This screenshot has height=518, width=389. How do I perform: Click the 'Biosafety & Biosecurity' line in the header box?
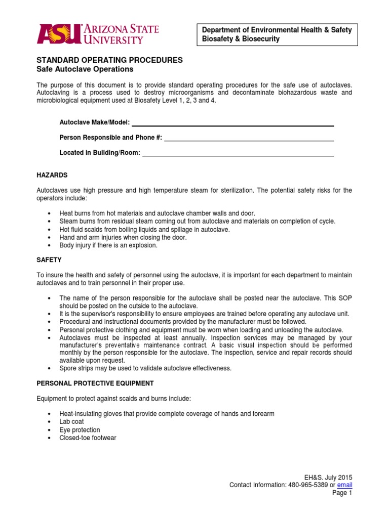pos(241,39)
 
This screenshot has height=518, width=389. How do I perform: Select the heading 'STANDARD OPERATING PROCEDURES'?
pos(109,60)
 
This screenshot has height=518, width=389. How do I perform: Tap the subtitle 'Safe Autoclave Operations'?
pos(85,69)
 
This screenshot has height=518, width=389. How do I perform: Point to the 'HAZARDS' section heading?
pos(52,175)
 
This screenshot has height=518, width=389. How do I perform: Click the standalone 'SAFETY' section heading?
pos(49,260)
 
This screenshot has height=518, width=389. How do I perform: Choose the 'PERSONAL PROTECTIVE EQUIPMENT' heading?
pos(95,383)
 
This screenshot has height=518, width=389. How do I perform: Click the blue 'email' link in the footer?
pos(344,485)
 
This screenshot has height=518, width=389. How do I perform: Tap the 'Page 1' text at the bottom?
pos(342,493)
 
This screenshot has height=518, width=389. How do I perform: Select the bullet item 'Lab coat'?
pos(71,421)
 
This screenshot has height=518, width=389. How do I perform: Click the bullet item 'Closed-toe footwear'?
pos(88,438)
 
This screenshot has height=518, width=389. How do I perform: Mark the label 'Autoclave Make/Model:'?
pos(95,123)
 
